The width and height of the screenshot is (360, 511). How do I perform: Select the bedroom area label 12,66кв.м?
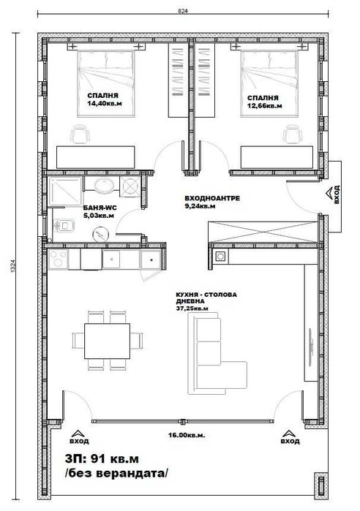click(x=262, y=103)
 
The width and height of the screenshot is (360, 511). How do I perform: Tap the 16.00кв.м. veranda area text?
click(x=181, y=436)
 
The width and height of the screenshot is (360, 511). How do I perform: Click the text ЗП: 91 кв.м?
click(x=111, y=458)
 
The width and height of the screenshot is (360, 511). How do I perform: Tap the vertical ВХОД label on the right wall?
click(x=337, y=195)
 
